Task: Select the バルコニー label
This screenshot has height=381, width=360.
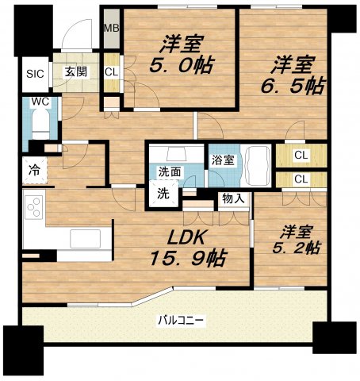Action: pyautogui.click(x=181, y=321)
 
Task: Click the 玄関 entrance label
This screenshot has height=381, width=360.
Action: pyautogui.click(x=75, y=72)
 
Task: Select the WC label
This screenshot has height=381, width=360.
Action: pyautogui.click(x=40, y=102)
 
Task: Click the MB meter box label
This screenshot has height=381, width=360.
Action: pyautogui.click(x=112, y=29)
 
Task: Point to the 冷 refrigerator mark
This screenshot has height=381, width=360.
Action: pyautogui.click(x=34, y=168)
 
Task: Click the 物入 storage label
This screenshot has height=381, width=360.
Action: pyautogui.click(x=233, y=198)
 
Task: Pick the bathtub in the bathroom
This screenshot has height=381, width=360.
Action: pyautogui.click(x=255, y=165)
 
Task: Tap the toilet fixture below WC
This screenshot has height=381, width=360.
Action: pyautogui.click(x=40, y=127)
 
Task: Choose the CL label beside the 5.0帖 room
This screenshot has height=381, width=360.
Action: pyautogui.click(x=111, y=72)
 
